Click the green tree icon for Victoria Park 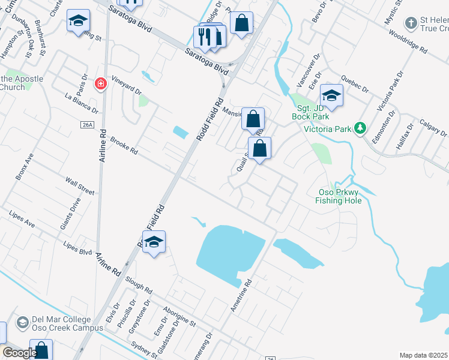tap(360, 128)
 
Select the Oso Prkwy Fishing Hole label tap(339, 196)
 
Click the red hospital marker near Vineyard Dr tap(101, 84)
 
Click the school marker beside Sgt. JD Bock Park tap(331, 95)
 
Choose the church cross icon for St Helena tap(411, 23)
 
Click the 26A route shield tap(88, 124)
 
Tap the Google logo tap(20, 353)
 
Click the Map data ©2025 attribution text tap(423, 355)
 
